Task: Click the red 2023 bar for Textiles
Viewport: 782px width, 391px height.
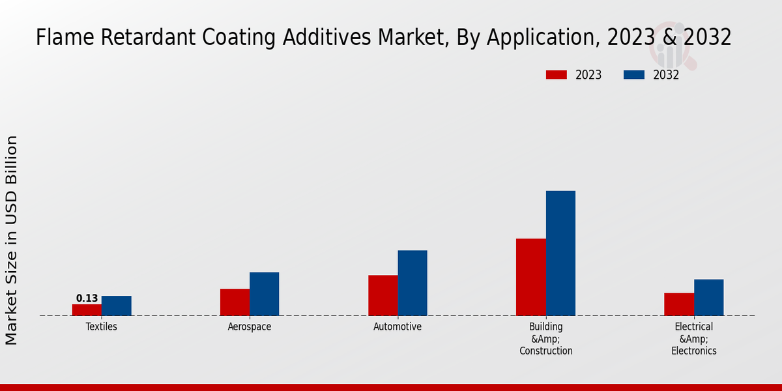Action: pos(87,310)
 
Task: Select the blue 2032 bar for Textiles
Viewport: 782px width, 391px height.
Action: pos(117,306)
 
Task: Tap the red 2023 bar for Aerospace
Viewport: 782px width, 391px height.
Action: pos(235,302)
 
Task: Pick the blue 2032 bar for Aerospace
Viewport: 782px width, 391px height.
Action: pos(265,294)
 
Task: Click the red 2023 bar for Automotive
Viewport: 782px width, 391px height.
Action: pos(383,295)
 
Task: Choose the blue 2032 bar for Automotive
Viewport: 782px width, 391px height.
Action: pos(413,283)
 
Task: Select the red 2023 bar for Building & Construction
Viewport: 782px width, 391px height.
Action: pos(531,277)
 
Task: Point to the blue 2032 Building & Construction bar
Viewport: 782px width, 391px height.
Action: pos(560,253)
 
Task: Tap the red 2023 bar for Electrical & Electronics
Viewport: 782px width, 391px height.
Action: pos(679,304)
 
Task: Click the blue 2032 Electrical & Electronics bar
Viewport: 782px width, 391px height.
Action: pos(708,297)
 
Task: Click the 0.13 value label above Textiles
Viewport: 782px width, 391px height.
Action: pos(87,298)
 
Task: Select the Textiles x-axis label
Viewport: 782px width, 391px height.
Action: pos(102,326)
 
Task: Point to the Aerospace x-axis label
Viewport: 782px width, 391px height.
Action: pos(250,326)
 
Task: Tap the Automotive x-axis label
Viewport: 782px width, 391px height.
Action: pos(398,326)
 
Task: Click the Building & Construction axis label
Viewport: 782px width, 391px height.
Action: pos(546,339)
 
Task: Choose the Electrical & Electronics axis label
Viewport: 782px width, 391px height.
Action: pos(694,339)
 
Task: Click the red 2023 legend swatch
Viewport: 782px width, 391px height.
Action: pos(557,75)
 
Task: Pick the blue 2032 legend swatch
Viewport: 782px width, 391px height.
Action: pos(634,75)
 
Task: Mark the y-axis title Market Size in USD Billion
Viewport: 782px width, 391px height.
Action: pos(12,240)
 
